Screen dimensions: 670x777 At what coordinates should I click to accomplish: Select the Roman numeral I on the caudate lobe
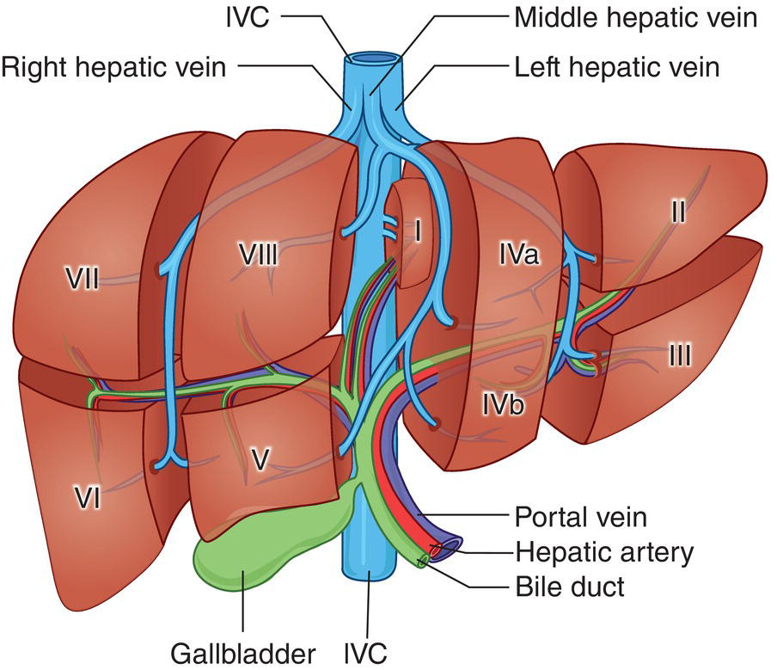coord(417,232)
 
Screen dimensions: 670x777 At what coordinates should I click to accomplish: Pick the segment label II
coord(678,211)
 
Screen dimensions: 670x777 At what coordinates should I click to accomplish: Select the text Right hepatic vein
coord(113,67)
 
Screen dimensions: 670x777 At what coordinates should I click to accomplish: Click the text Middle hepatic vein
coord(636,17)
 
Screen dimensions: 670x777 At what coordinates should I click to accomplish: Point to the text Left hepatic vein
coord(616,67)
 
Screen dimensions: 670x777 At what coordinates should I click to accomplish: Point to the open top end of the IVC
coord(373,59)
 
